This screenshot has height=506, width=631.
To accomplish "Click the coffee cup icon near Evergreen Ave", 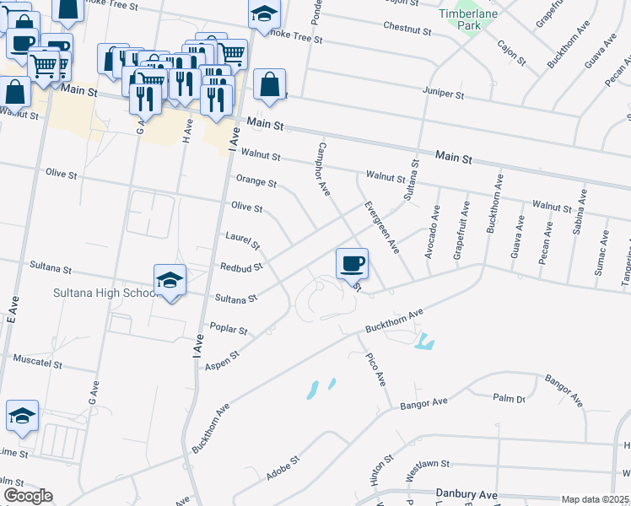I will (x=352, y=263).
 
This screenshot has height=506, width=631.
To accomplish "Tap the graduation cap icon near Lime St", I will (x=22, y=415).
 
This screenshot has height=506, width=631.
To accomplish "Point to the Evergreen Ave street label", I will (x=381, y=227).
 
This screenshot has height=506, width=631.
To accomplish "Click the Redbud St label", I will (x=242, y=266).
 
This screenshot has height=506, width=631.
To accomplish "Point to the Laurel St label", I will (x=242, y=240).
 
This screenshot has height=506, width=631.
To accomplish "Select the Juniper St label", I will (x=447, y=96).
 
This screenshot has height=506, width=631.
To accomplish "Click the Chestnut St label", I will (x=407, y=30).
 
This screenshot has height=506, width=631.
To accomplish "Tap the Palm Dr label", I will (x=510, y=398).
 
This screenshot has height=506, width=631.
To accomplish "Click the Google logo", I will (x=28, y=496).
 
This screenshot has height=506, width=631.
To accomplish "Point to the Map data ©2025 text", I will (x=596, y=499).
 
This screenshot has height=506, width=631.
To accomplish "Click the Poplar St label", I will (x=231, y=331).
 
